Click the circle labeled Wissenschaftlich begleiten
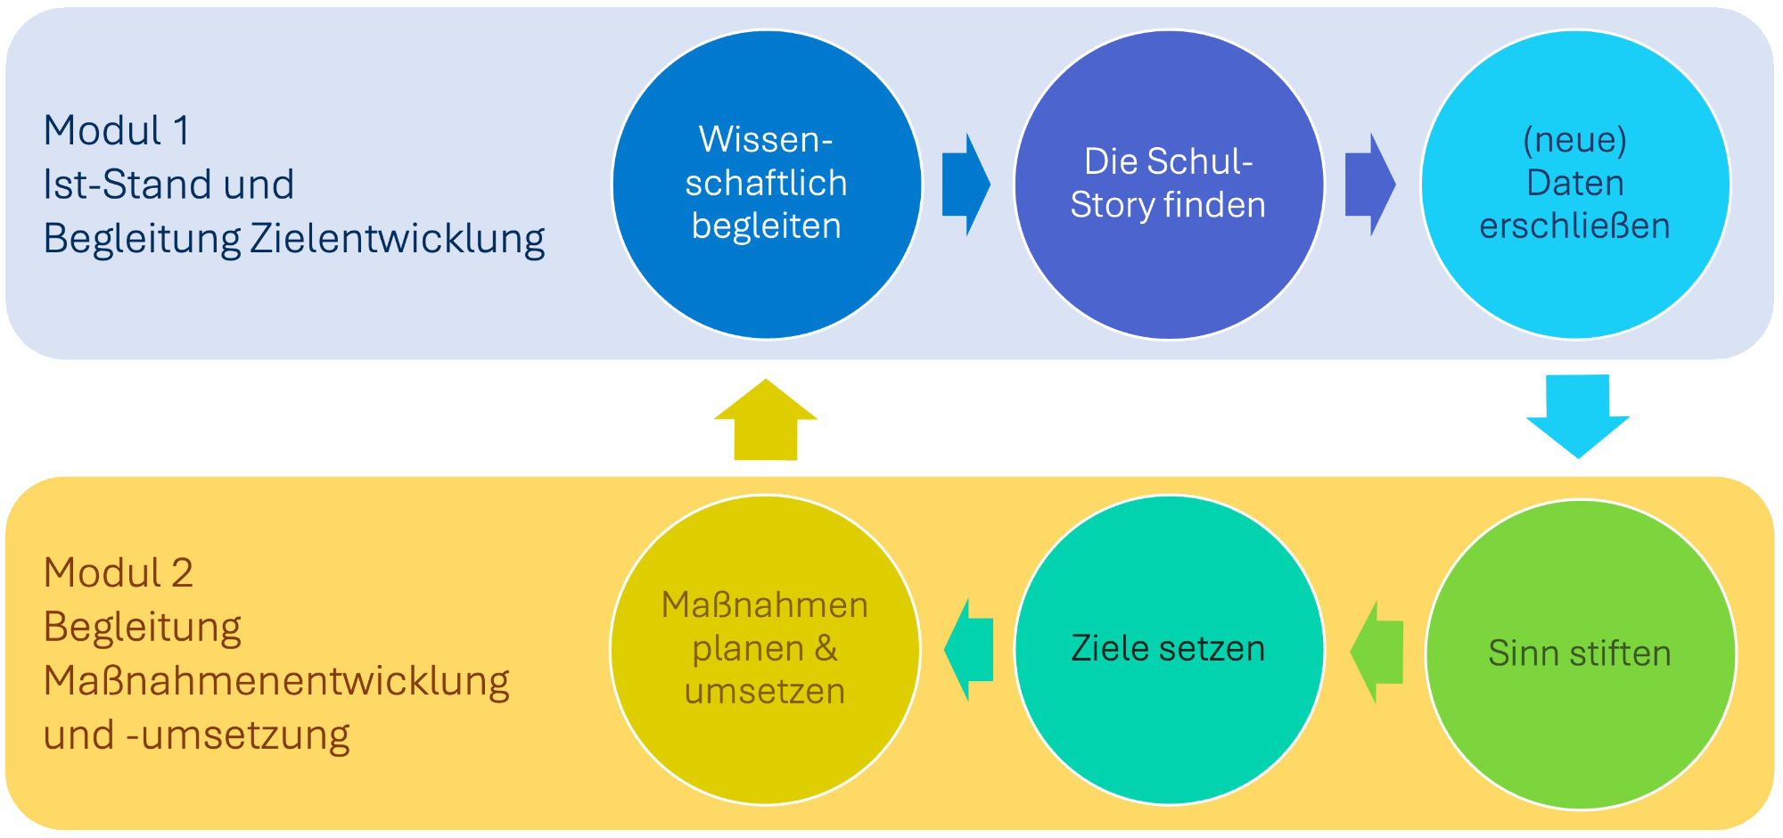point(767,185)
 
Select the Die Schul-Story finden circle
point(1169,185)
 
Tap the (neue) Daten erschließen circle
point(1575,185)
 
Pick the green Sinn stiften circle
point(1581,653)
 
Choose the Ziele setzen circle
point(1169,649)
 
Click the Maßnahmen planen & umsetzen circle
point(765,649)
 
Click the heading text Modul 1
point(117,131)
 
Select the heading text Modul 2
point(119,573)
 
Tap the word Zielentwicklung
point(398,239)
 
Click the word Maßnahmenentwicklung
point(276,681)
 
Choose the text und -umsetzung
point(196,735)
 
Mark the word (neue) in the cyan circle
point(1575,140)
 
